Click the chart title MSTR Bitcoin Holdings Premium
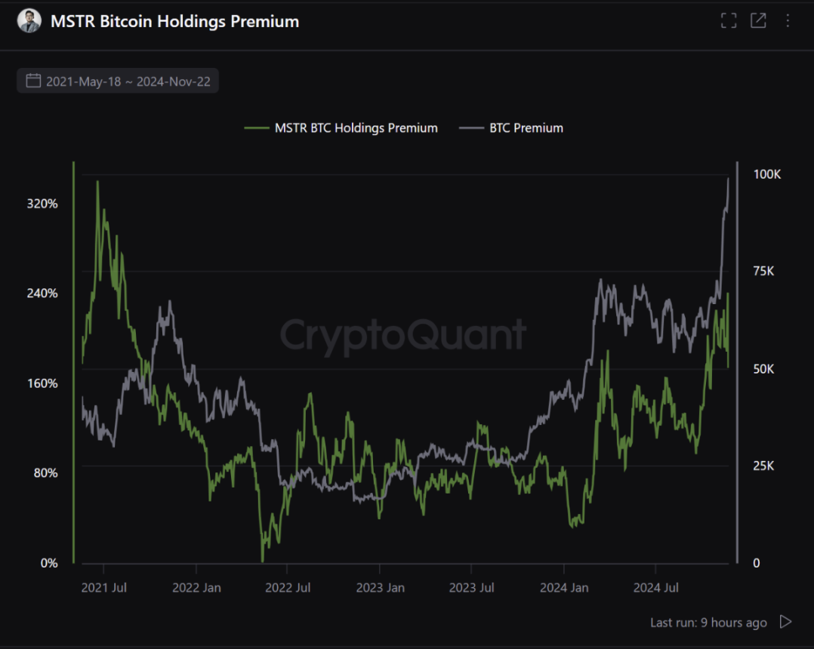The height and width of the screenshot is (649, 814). coord(174,21)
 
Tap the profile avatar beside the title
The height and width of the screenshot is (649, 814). coord(29,21)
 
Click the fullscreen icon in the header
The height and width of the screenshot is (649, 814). coord(729,20)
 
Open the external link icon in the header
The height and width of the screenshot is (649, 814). coord(758,20)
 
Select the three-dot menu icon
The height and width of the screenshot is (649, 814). coord(788,20)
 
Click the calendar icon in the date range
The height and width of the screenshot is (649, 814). coord(33,81)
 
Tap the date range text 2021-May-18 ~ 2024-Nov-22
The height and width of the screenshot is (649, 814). coord(128,82)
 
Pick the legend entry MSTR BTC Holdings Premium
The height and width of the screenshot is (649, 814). coord(356,128)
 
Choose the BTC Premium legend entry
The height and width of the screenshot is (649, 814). coord(526,128)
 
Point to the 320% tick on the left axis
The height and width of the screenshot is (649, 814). coord(42,204)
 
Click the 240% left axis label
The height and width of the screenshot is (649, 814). coord(42,294)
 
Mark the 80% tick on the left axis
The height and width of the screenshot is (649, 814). coord(45,473)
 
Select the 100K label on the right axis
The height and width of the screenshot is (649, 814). coord(767,174)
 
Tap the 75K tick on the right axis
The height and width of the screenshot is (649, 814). coord(764,272)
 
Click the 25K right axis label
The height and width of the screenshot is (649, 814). coord(764,466)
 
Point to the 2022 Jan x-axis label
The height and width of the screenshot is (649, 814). coord(196,588)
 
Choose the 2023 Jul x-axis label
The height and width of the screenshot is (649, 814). coord(472,588)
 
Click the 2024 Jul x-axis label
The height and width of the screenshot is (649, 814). coord(656,588)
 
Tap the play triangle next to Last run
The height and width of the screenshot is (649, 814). coord(786,622)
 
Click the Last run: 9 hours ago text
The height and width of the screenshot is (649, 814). coord(708,623)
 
